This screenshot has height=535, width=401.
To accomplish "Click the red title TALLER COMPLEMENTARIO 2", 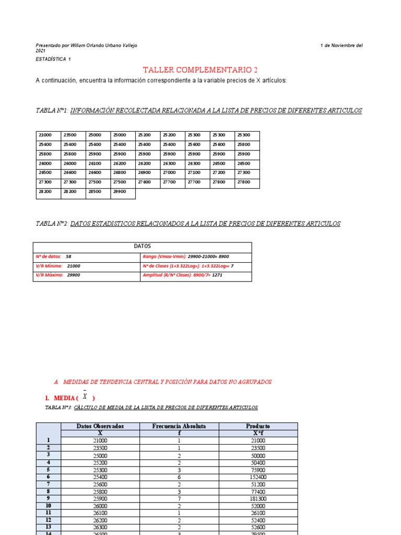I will (200, 69).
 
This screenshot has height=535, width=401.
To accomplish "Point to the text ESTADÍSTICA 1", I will (53, 59).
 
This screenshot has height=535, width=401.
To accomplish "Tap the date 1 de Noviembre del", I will (341, 45).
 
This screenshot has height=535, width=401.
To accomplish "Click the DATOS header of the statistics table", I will (142, 246).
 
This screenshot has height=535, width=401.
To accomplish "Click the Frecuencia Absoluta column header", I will (179, 426).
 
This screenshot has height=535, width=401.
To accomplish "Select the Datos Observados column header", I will (100, 426).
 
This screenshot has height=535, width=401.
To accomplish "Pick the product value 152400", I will (258, 477).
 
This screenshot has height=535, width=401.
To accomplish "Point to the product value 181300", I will (258, 498).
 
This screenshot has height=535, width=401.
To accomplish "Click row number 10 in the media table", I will (49, 506).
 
